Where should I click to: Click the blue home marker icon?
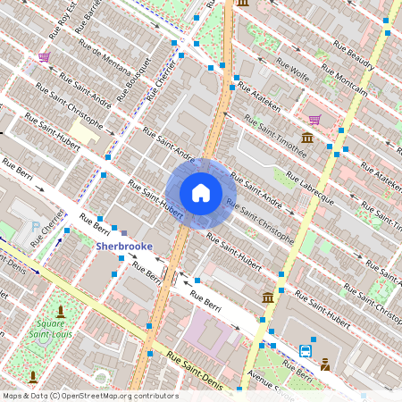tap(201, 192)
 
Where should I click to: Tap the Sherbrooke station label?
tap(124, 245)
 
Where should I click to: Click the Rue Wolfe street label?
tap(293, 69)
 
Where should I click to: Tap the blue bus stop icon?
tap(306, 350)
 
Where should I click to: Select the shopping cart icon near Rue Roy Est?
tap(44, 57)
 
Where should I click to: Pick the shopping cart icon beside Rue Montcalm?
tap(314, 119)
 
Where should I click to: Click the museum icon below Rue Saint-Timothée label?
tap(307, 137)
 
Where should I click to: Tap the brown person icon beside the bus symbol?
tap(325, 364)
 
